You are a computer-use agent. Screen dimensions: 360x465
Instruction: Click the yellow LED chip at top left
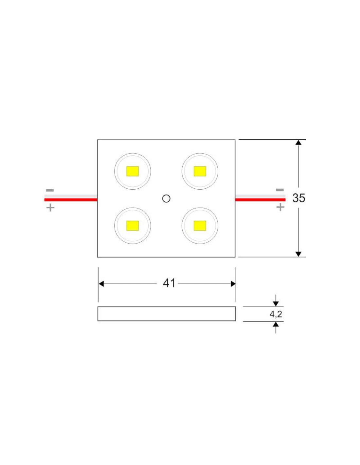coord(133,171)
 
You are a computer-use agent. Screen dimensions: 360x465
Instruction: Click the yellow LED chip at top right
coord(200,171)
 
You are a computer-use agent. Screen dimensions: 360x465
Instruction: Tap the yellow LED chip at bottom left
coord(133,226)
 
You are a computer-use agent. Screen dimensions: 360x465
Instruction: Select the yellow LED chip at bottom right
coord(200,226)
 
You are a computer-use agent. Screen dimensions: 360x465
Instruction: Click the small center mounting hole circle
coord(166,198)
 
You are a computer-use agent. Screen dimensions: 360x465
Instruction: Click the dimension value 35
coord(298,198)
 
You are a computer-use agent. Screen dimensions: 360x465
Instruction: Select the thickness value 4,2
coord(276,314)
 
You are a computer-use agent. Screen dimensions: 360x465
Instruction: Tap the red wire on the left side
coord(71,200)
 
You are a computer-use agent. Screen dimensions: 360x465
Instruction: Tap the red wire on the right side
coord(260,200)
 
